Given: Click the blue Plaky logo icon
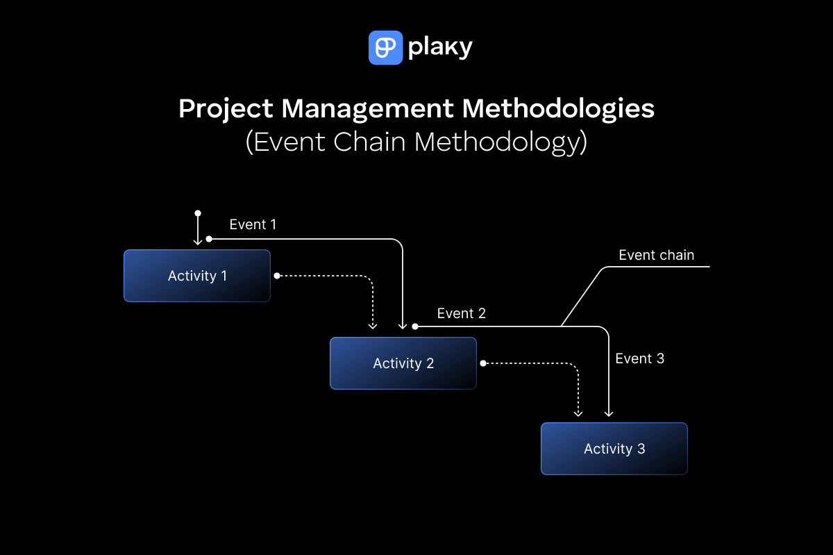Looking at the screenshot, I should pos(385,48).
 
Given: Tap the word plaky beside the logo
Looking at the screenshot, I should pos(440,48).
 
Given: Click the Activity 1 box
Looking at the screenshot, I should pos(197,276).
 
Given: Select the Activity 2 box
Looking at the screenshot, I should pos(403,363).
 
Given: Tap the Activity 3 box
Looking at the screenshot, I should pos(614,449).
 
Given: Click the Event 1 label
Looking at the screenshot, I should pos(253,224).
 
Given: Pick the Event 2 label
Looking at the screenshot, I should pos(461,313).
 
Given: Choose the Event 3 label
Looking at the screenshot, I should pos(639,358).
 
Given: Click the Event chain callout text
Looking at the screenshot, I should pos(656,255).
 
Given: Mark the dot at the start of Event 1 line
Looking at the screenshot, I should pos(209,239).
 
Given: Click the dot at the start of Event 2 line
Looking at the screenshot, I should pos(414,326).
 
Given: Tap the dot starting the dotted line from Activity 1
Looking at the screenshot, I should pos(276,276).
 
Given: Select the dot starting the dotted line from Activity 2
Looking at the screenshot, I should pos(483,363).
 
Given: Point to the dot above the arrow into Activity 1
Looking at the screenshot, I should pos(198,213).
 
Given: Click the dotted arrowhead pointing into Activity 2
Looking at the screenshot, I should pos(373,324).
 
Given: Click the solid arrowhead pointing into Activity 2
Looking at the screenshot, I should pos(403,325).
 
